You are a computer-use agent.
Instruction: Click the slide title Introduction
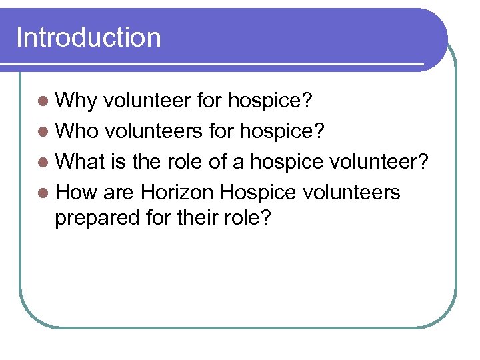89,37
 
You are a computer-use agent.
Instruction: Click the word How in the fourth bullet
76,193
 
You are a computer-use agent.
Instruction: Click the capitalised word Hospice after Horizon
258,193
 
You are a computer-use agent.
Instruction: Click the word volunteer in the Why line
148,101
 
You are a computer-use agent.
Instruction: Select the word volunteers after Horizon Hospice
351,193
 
